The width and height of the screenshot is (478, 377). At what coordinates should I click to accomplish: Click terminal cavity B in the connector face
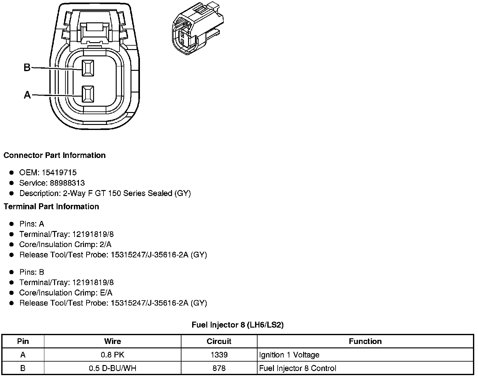tap(88, 68)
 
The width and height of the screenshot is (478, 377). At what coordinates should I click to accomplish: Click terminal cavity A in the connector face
tap(88, 94)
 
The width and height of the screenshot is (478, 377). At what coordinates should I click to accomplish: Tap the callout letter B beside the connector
tap(27, 67)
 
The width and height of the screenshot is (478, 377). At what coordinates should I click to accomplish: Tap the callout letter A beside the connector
tap(27, 95)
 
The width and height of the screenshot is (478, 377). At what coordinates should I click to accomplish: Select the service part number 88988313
tap(67, 183)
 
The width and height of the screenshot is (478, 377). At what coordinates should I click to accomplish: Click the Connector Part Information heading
tap(54, 155)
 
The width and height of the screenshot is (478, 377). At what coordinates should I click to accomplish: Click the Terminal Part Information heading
tap(51, 206)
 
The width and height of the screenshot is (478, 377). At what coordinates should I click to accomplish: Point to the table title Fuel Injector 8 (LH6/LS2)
tap(237, 325)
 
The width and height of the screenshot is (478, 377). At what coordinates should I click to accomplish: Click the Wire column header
tap(113, 341)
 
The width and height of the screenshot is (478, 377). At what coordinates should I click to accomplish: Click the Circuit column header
tap(219, 341)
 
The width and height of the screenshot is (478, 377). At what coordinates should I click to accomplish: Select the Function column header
tap(365, 341)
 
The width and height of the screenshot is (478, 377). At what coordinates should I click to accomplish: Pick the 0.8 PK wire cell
tap(113, 355)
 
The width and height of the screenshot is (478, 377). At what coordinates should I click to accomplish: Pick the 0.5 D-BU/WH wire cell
tap(113, 368)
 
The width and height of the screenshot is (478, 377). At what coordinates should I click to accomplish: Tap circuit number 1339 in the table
tap(219, 355)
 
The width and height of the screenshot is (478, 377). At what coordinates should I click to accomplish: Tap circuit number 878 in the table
tap(219, 368)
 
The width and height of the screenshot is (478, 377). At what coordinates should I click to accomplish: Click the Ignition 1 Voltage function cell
tap(289, 355)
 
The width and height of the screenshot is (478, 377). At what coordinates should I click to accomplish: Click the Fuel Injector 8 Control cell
tap(297, 368)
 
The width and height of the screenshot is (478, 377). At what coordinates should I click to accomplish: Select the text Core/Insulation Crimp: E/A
tap(66, 293)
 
